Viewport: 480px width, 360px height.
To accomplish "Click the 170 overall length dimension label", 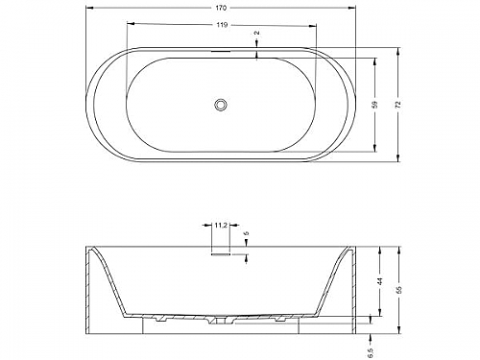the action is tap(221, 8).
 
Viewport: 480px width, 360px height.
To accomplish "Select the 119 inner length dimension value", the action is tap(221, 25).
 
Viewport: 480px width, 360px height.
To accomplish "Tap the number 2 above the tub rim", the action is tap(257, 33).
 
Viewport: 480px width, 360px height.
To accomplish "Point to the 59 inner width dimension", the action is tap(375, 105).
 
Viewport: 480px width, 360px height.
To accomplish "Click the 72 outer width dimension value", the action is tap(397, 105).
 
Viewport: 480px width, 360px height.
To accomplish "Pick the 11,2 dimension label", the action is tap(221, 226).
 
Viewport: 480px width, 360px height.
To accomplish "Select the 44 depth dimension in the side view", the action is tap(380, 281).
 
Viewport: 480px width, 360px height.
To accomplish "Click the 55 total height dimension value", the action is tap(398, 290).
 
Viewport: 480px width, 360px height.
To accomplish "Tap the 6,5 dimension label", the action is tap(371, 352).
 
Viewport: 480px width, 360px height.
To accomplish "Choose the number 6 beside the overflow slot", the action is tap(246, 234).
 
